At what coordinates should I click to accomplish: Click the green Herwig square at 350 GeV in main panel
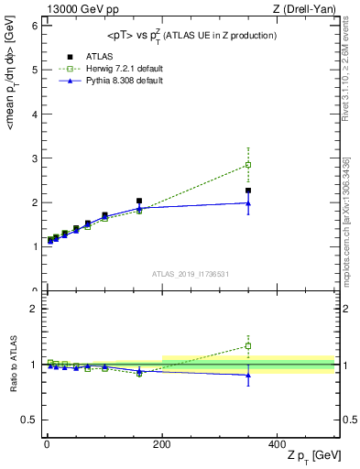248,165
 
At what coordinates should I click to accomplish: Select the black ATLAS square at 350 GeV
248,191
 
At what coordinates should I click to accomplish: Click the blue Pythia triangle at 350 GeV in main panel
248,202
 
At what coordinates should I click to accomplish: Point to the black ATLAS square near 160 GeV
139,201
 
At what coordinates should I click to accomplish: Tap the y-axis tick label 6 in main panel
35,26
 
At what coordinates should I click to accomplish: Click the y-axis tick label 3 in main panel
35,158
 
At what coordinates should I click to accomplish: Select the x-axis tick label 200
162,443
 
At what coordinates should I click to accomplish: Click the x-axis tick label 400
278,443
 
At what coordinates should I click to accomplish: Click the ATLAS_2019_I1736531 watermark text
190,274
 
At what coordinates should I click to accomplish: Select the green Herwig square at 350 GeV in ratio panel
248,346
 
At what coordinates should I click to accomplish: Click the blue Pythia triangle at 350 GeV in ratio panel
248,375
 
